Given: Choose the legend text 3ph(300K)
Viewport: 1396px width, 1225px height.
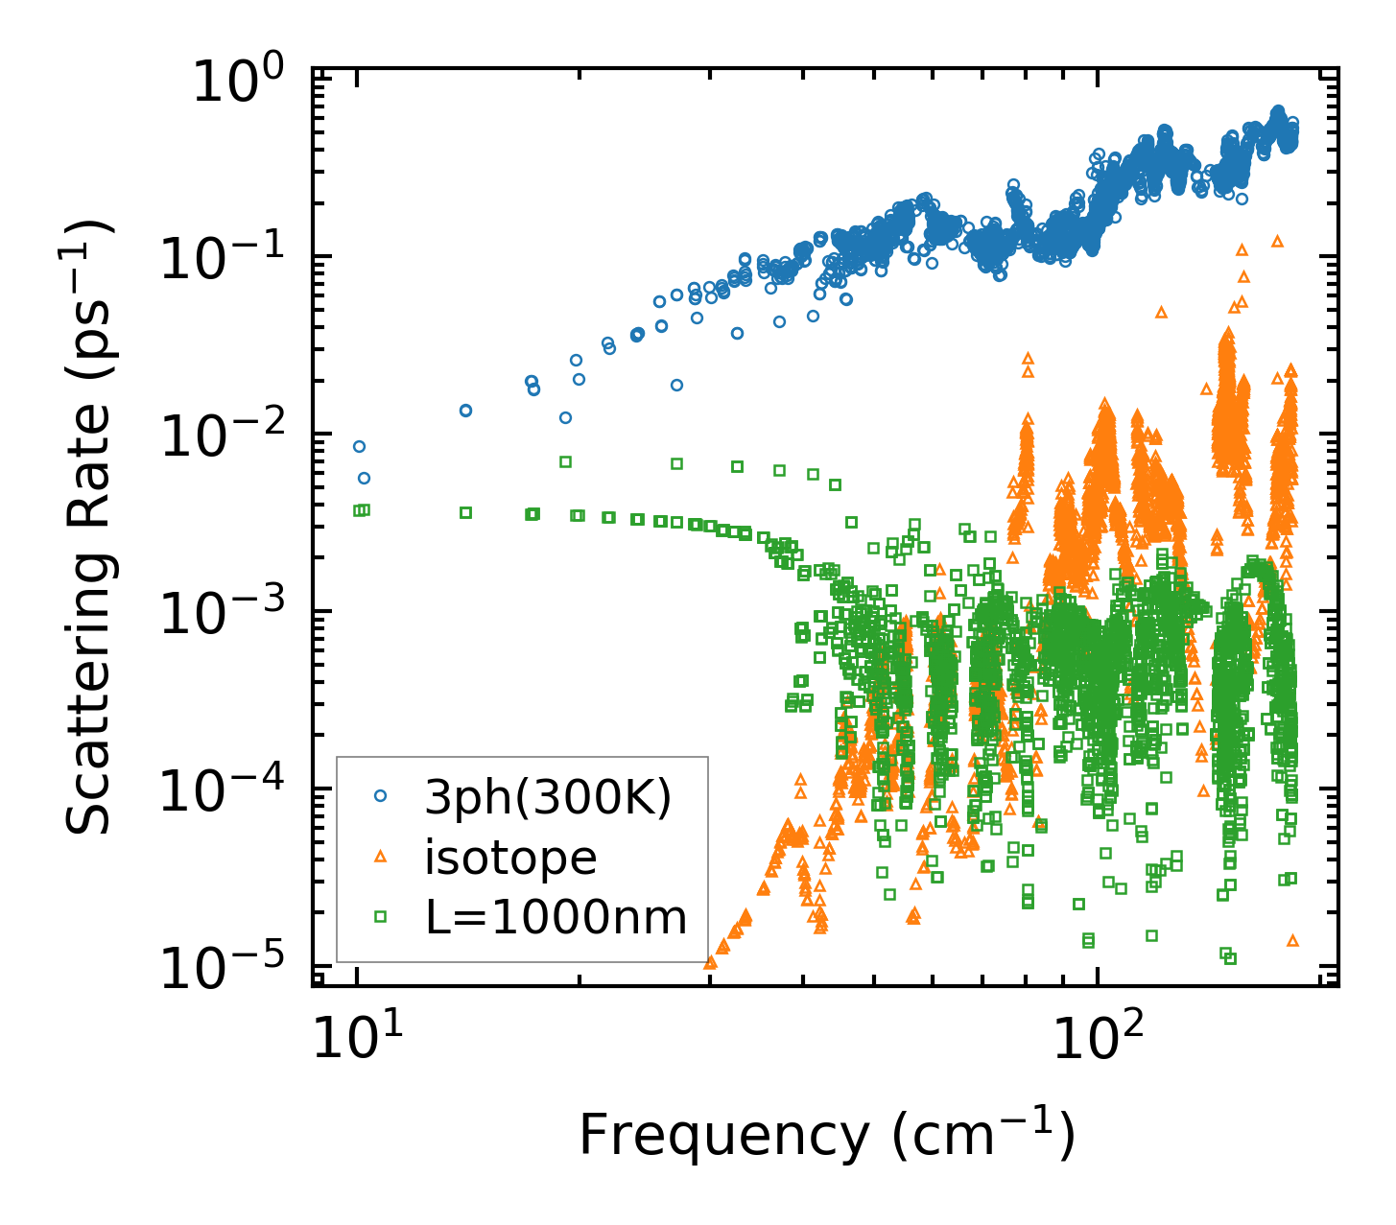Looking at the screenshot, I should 548,797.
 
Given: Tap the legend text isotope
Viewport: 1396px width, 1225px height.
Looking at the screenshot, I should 510,857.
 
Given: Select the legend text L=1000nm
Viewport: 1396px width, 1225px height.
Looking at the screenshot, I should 556,917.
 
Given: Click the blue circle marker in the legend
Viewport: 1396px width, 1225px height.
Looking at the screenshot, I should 381,795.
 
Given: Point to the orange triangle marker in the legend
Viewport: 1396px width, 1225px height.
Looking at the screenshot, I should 381,856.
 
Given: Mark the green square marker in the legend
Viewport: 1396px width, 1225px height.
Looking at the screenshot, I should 381,916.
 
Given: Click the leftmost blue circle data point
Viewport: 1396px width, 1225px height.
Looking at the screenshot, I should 359,446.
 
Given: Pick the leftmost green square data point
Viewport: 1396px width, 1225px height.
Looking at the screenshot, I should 358,510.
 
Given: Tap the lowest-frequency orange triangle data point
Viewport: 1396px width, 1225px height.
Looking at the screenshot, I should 710,961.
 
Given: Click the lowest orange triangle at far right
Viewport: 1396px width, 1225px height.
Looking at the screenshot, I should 1292,940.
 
